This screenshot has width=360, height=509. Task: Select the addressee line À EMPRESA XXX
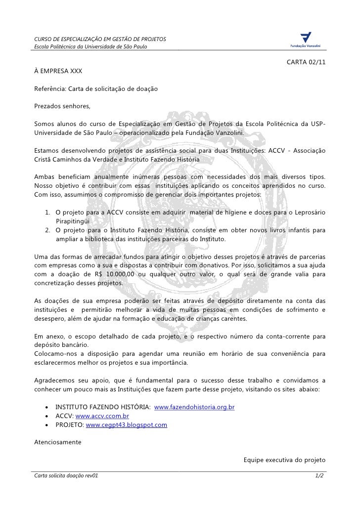click(58, 71)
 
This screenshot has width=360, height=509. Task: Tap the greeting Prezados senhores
click(59, 106)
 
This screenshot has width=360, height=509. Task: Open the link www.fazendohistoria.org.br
click(194, 407)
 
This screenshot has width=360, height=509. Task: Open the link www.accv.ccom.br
click(102, 416)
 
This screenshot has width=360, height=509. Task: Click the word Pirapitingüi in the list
click(73, 221)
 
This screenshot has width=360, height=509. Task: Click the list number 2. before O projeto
click(47, 230)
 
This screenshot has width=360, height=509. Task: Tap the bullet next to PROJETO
click(46, 425)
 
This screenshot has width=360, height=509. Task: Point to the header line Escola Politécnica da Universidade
click(90, 47)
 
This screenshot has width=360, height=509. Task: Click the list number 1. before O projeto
click(47, 212)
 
